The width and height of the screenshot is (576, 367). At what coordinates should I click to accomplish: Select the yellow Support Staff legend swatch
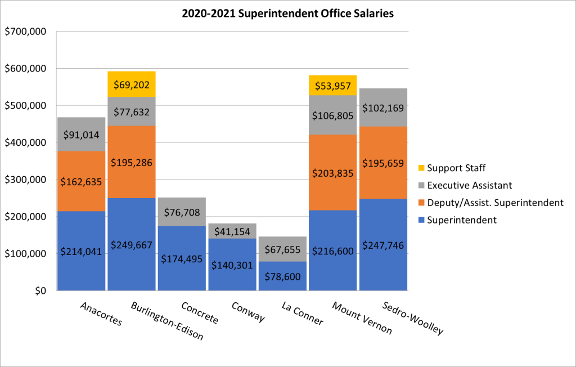[421, 168]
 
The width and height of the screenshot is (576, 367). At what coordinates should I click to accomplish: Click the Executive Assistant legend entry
[470, 185]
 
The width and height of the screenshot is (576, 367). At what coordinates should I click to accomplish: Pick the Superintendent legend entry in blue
[462, 220]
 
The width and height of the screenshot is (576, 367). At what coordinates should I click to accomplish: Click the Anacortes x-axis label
[101, 314]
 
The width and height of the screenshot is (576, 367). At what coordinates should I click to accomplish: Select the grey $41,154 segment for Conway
[232, 230]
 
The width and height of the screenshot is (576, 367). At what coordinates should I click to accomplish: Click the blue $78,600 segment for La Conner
[282, 276]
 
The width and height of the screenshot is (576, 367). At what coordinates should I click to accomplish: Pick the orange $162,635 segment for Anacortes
[81, 181]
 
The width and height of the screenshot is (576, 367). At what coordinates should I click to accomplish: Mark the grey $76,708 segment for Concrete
[182, 212]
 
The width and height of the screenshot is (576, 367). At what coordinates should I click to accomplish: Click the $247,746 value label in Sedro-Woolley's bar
[383, 246]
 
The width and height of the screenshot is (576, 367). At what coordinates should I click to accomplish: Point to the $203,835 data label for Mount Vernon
[333, 173]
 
